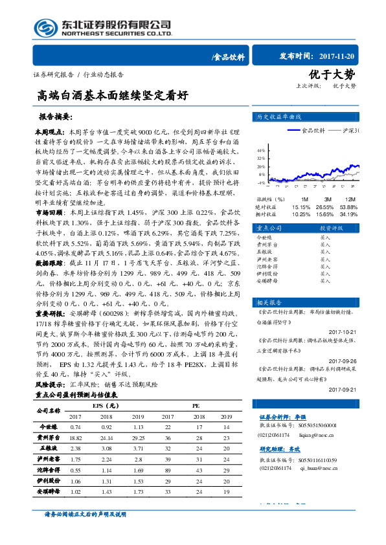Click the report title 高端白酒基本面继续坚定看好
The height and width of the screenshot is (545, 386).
tap(112, 95)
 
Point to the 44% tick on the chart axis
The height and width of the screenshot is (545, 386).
tap(260, 149)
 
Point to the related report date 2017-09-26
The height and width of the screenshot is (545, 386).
tap(343, 361)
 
